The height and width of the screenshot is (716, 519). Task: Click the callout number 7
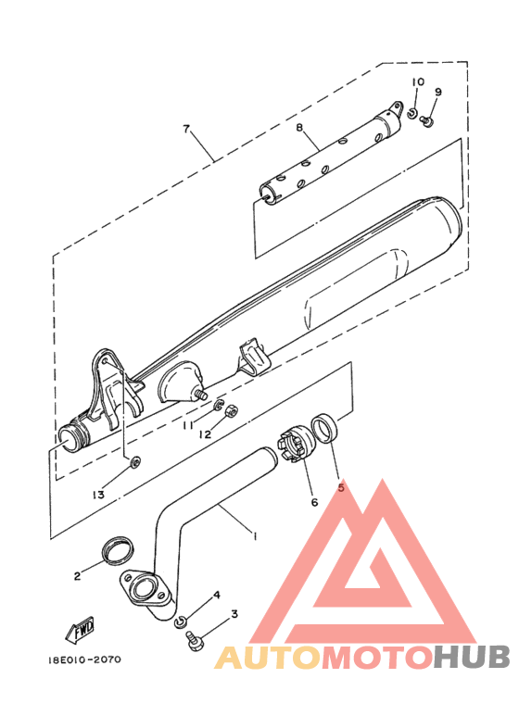[185, 129]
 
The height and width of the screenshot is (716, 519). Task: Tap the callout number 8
[299, 127]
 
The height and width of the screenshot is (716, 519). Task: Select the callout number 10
[418, 82]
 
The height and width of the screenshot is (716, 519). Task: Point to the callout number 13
[98, 495]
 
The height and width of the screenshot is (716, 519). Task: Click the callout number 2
[77, 576]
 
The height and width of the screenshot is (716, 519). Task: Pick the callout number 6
[314, 502]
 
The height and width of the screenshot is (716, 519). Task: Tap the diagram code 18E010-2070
[84, 659]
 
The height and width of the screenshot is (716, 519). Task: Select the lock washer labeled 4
[181, 622]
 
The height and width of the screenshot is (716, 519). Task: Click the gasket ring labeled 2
[118, 550]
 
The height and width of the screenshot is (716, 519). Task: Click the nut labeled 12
[231, 410]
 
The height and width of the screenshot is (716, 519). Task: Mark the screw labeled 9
[426, 121]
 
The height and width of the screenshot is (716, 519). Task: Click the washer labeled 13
[135, 462]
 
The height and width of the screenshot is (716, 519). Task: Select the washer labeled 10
[412, 113]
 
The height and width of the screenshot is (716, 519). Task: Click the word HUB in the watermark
[472, 657]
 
